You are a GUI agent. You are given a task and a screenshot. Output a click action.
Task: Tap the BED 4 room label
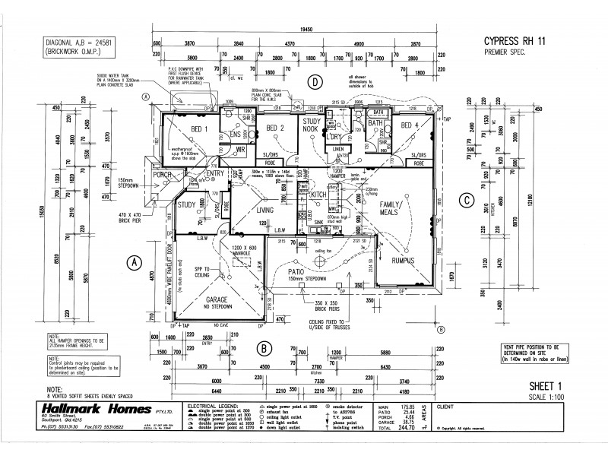(x=410, y=125)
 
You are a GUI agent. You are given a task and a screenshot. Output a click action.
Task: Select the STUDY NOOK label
(x=312, y=125)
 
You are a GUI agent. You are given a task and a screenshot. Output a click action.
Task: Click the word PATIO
(x=298, y=271)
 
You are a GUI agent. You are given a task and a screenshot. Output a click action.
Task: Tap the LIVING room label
(x=264, y=211)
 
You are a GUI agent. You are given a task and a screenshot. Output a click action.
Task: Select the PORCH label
(x=163, y=176)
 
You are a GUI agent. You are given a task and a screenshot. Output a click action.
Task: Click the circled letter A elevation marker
(x=134, y=262)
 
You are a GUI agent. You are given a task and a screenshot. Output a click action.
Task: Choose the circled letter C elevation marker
(x=466, y=200)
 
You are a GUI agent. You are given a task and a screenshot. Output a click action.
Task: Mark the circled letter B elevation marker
(x=264, y=349)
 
